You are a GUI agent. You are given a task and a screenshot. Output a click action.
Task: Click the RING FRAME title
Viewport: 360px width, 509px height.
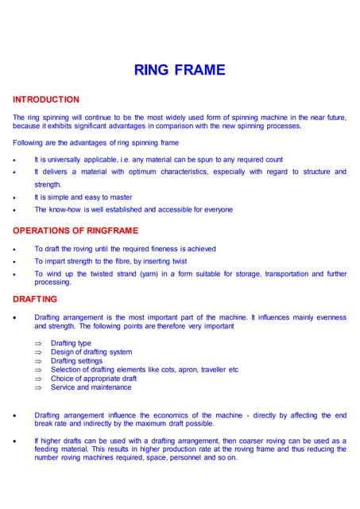180,70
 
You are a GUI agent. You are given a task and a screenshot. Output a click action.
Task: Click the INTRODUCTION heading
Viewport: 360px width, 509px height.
46,99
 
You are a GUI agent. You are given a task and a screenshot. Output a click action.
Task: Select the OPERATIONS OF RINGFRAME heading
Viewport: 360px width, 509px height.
75,231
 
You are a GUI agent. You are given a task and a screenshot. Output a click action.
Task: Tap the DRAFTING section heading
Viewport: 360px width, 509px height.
35,299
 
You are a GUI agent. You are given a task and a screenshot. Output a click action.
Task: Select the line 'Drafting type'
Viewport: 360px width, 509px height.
71,343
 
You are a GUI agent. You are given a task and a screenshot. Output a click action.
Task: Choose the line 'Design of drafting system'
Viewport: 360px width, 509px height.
91,352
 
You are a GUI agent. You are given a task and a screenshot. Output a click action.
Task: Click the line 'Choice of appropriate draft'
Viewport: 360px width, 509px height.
93,379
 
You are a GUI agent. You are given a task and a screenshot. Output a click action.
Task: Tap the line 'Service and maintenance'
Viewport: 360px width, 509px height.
91,387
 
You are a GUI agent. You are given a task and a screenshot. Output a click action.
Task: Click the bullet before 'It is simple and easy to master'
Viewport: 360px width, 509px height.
15,198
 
